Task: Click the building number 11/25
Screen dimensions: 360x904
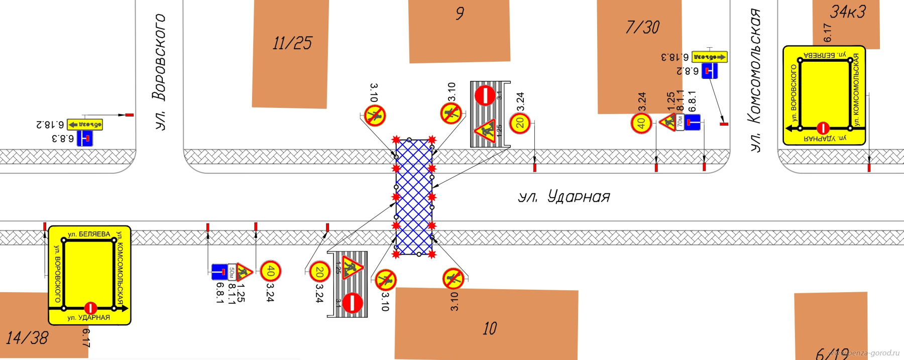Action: pyautogui.click(x=292, y=43)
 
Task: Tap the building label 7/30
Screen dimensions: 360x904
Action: pyautogui.click(x=642, y=27)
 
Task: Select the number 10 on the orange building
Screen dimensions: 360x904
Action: pyautogui.click(x=490, y=329)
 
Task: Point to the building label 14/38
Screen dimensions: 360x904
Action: pyautogui.click(x=27, y=338)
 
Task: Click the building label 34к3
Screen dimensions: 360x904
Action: pyautogui.click(x=848, y=12)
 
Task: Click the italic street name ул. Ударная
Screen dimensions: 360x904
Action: pyautogui.click(x=563, y=197)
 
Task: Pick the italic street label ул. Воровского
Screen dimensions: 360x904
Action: pyautogui.click(x=160, y=72)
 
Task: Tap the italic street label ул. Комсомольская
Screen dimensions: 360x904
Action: pyautogui.click(x=754, y=80)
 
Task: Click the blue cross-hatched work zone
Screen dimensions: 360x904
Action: pyautogui.click(x=414, y=197)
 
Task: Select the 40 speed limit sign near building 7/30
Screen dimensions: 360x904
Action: pyautogui.click(x=641, y=123)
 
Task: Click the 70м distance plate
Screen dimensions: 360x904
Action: pyautogui.click(x=680, y=122)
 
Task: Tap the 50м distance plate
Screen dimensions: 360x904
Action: pyautogui.click(x=232, y=272)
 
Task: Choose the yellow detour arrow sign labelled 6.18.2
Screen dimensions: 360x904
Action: pyautogui.click(x=85, y=124)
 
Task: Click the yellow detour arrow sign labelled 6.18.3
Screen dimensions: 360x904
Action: pyautogui.click(x=709, y=57)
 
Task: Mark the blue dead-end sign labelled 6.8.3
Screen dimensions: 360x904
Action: pyautogui.click(x=84, y=138)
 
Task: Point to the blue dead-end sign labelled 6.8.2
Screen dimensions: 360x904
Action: pyautogui.click(x=709, y=71)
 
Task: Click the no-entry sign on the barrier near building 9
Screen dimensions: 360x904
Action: pyautogui.click(x=485, y=95)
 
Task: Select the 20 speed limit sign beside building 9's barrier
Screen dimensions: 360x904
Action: pyautogui.click(x=520, y=123)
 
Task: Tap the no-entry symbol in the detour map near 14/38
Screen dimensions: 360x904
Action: pyautogui.click(x=90, y=307)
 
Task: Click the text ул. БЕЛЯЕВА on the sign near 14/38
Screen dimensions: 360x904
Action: pyautogui.click(x=89, y=234)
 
